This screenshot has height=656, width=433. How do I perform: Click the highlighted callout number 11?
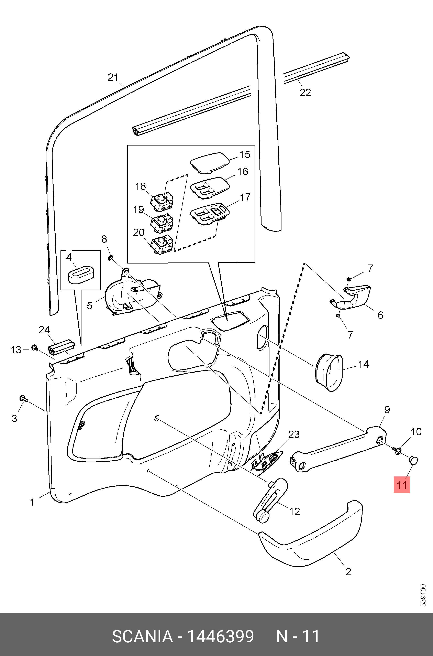pos(402,485)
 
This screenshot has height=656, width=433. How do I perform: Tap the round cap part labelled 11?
pos(413,460)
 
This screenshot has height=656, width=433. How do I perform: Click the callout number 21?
pos(113,77)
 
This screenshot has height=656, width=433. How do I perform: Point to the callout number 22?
pos(305,92)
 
